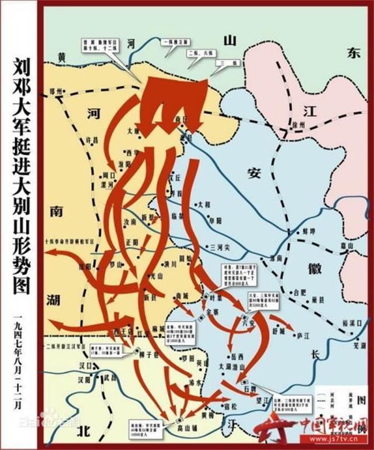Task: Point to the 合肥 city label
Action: [x=300, y=290]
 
